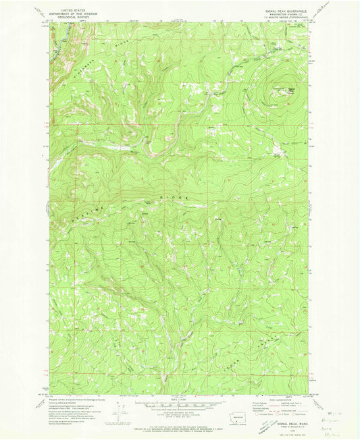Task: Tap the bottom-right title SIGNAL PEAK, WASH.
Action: (x=282, y=421)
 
